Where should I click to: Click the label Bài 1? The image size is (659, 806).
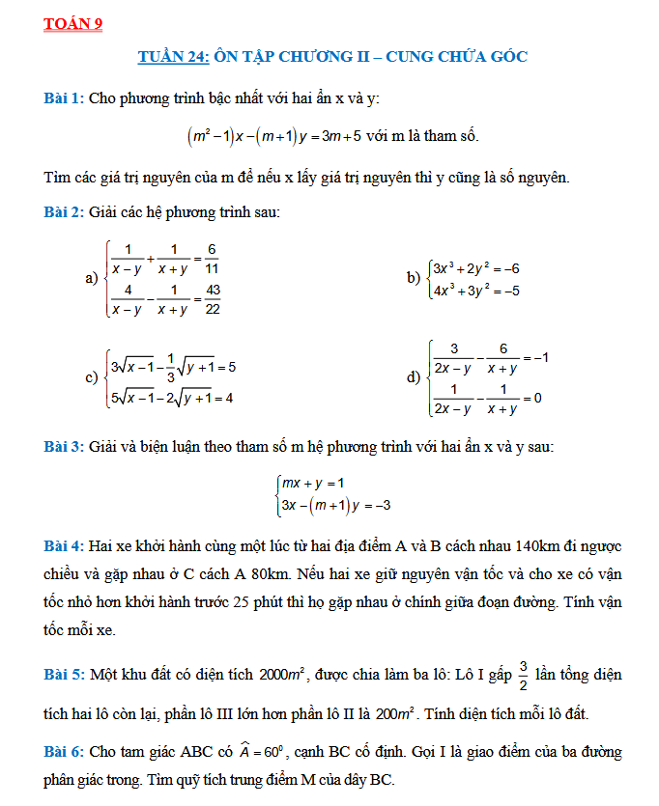click(x=64, y=98)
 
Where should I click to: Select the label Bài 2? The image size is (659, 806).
click(x=64, y=211)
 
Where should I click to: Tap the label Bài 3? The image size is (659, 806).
click(x=64, y=447)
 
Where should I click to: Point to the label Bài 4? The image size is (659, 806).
click(x=64, y=546)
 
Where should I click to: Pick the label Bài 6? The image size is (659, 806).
click(x=64, y=752)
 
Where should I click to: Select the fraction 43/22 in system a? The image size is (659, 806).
click(x=213, y=298)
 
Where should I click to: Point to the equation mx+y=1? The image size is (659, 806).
click(x=312, y=483)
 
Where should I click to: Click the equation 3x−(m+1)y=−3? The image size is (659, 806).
click(x=335, y=505)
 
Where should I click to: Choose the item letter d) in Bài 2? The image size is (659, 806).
click(x=413, y=376)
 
